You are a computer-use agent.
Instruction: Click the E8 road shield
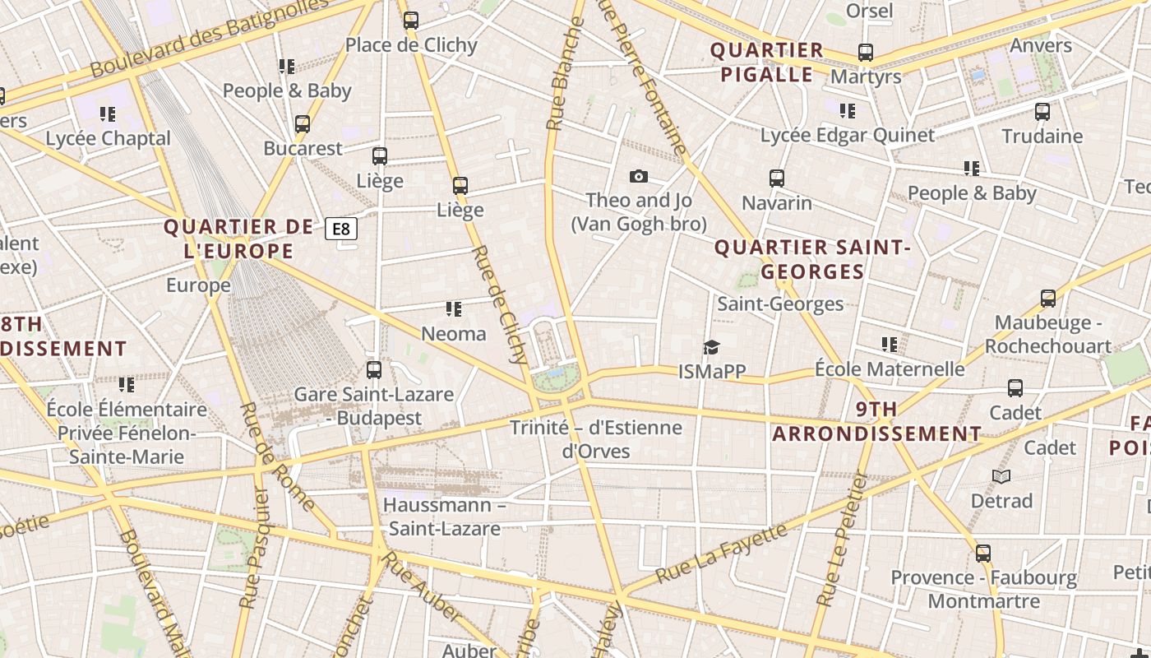[x=341, y=229]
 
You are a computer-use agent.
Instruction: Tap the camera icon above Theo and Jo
[x=638, y=176]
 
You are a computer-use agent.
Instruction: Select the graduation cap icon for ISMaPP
[x=711, y=347]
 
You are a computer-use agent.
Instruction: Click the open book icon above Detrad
[x=1001, y=476]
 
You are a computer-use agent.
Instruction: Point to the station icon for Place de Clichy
[x=411, y=21]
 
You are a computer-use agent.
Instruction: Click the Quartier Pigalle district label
[x=767, y=63]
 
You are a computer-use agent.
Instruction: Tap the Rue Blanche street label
[x=566, y=74]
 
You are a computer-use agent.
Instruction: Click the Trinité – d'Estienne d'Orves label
[x=596, y=439]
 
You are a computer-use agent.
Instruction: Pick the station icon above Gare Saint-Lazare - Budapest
[x=374, y=370]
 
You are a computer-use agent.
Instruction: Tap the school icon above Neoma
[x=453, y=309]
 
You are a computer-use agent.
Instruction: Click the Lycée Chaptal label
[x=108, y=138]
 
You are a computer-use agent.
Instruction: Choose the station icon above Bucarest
[x=303, y=124]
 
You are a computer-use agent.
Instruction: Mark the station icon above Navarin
[x=776, y=178]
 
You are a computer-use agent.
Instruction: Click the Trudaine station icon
[x=1042, y=111]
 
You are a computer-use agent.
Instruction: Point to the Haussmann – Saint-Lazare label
[x=444, y=517]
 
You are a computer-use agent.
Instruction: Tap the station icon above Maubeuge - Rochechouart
[x=1047, y=299]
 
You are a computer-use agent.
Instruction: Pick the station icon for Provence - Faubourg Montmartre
[x=983, y=554]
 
